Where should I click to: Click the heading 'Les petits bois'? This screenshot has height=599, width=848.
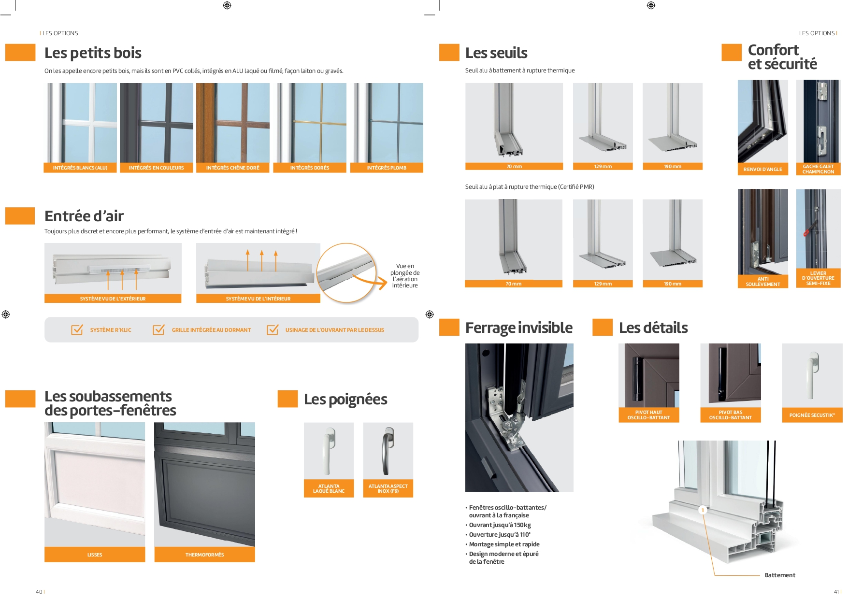coord(93,53)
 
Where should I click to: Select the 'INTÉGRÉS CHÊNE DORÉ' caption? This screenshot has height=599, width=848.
coord(232,168)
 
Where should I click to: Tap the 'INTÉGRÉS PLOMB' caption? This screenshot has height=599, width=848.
coord(387,168)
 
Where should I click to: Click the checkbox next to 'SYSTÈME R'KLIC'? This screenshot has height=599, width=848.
coord(77,330)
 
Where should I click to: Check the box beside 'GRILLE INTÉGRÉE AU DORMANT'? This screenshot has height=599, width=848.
coord(158,330)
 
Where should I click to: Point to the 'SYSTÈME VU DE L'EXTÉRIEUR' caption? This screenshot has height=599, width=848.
coord(113,299)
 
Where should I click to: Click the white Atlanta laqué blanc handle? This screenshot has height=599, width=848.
coord(329,451)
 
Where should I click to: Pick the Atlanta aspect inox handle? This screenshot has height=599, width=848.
coord(388,451)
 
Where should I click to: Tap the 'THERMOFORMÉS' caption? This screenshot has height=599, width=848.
coord(204,555)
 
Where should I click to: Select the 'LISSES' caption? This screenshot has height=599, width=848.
coord(95,555)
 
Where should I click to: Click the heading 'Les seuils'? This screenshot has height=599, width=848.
coord(496,53)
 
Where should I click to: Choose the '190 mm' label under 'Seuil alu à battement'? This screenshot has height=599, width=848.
coord(672,167)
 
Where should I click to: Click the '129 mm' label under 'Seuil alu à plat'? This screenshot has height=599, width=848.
coord(603,284)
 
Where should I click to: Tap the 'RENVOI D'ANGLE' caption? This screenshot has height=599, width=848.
coord(762,170)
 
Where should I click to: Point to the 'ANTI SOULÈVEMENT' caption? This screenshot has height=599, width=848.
coord(762,282)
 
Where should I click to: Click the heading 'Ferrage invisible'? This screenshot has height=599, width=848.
coord(518,328)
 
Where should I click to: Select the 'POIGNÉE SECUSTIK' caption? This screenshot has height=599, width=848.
coord(812,415)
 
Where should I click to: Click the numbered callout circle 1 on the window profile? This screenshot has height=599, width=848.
coord(703,510)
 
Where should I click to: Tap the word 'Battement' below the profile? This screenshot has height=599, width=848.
coord(779,575)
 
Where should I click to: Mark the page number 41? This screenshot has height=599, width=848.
coord(836,592)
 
